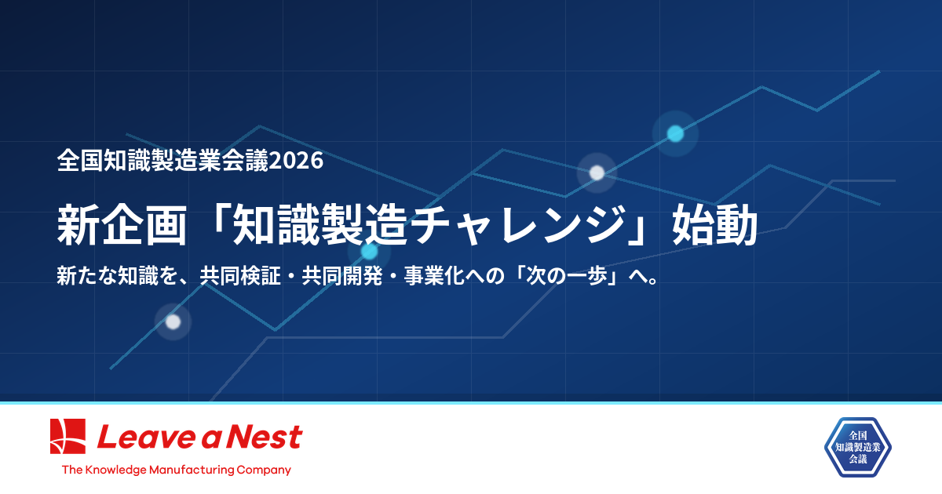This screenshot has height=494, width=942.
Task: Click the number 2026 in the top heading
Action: pyautogui.click(x=297, y=161)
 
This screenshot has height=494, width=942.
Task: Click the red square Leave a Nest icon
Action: pyautogui.click(x=68, y=437)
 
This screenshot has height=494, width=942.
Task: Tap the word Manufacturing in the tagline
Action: pyautogui.click(x=194, y=470)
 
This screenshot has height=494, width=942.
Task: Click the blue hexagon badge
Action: pyautogui.click(x=857, y=447)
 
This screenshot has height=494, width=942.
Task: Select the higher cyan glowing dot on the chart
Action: pyautogui.click(x=675, y=133)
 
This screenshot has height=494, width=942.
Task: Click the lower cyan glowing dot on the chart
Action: pyautogui.click(x=369, y=252)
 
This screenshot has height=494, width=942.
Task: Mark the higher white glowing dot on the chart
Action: pyautogui.click(x=597, y=173)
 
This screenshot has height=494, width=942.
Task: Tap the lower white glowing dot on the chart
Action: pyautogui.click(x=173, y=321)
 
